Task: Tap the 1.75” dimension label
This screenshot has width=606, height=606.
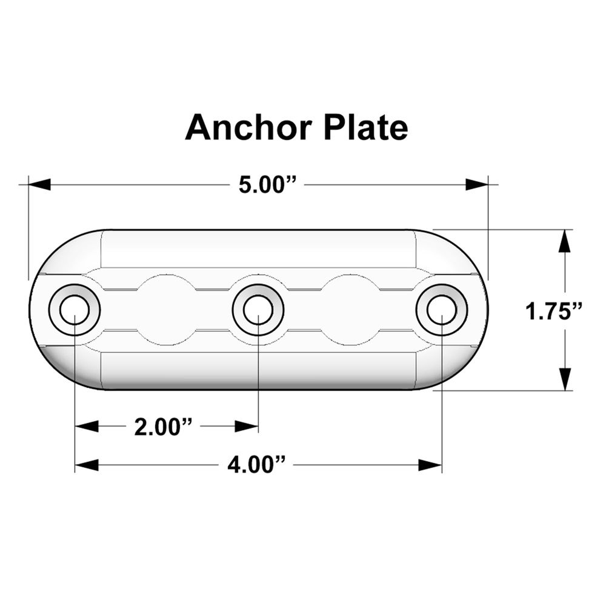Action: coord(554,311)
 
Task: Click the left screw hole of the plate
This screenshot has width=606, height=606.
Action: coord(75,310)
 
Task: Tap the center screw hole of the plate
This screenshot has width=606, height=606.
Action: coord(258,310)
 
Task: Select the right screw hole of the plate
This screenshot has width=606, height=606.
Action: coord(441,310)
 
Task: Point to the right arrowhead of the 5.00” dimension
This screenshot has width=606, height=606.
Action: coord(476,184)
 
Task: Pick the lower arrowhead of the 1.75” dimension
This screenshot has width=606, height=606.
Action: coord(565,379)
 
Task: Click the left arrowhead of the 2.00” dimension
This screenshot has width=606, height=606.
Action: coord(86,427)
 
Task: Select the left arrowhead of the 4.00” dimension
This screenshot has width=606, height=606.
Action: coord(86,465)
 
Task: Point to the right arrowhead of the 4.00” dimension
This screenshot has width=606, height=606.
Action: coord(430,465)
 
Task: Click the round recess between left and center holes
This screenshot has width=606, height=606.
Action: coord(166,309)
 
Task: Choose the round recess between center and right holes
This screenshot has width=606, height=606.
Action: coord(350,309)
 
